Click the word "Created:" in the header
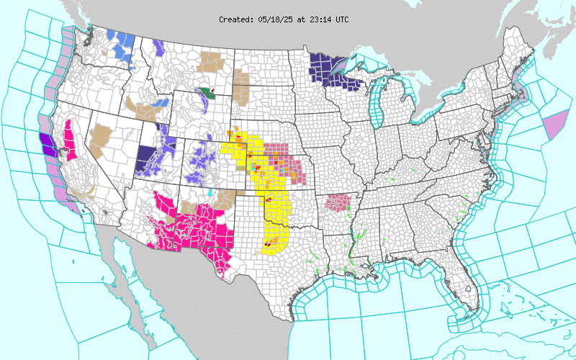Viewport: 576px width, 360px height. (x=235, y=19)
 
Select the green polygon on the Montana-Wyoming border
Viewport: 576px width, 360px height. (x=208, y=92)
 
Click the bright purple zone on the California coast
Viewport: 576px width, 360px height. (x=47, y=143)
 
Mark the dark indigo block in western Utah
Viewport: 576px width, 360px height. (x=147, y=157)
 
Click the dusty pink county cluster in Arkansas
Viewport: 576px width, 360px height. (x=337, y=202)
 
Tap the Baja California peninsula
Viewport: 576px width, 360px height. (x=119, y=266)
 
